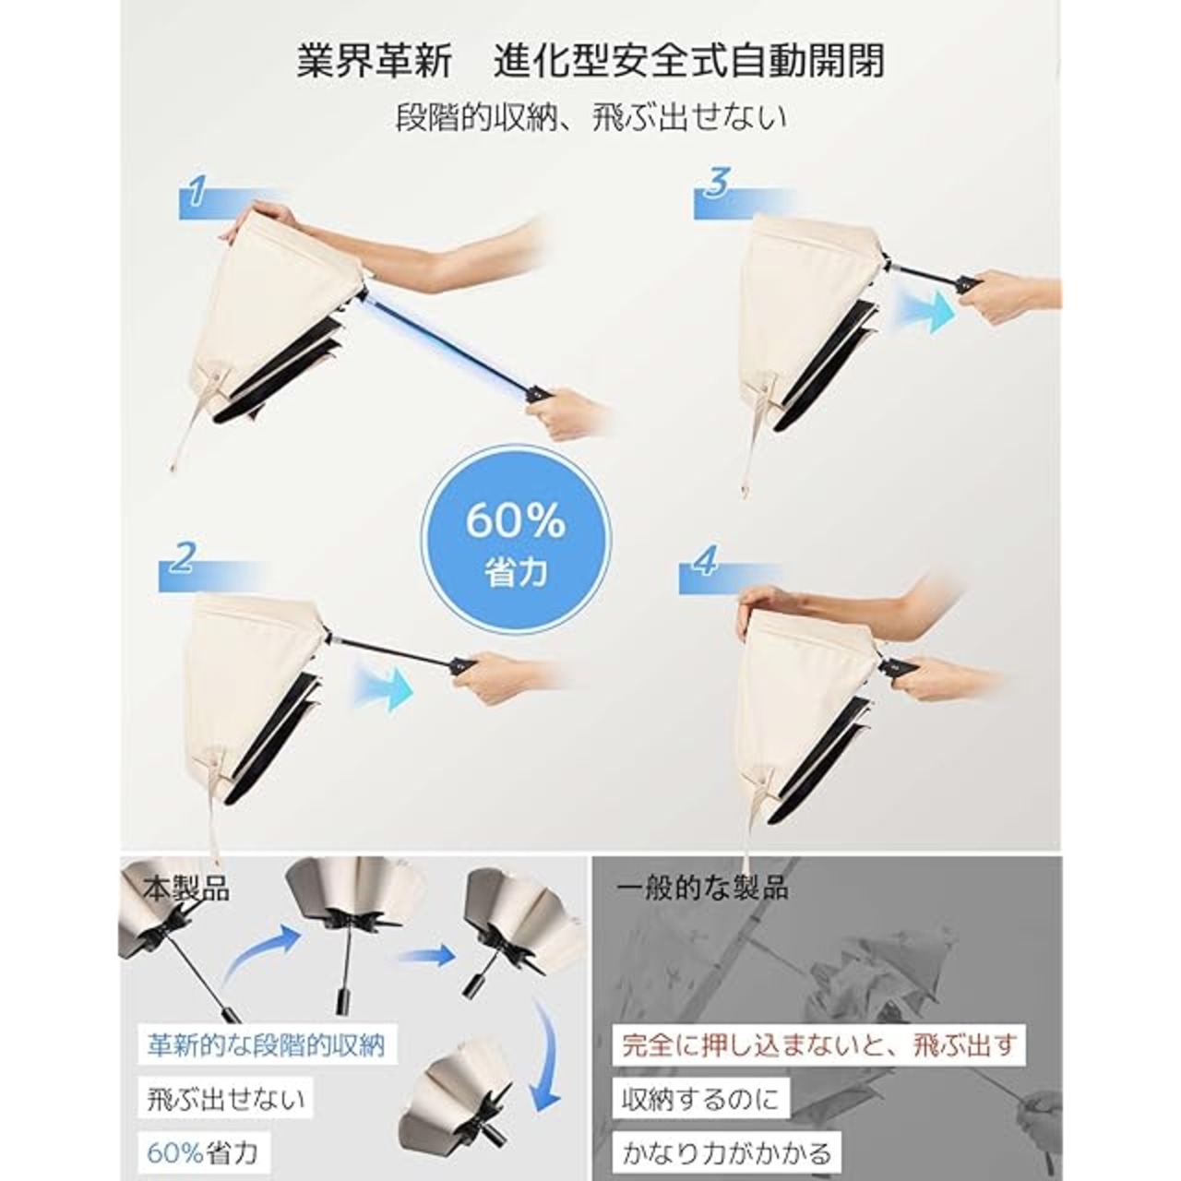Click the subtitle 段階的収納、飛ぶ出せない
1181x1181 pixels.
590,116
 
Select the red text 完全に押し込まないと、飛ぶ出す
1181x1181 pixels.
818,1044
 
